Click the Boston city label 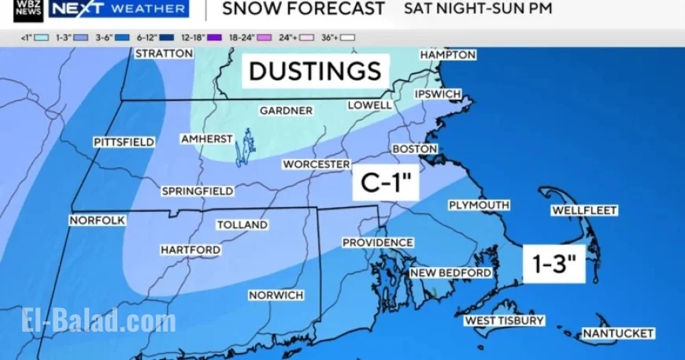(414, 148)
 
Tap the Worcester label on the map (317, 164)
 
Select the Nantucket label (618, 333)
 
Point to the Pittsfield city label (124, 142)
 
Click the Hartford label (191, 250)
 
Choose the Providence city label (377, 243)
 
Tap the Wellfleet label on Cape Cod (583, 210)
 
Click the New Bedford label (450, 273)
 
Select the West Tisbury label (504, 321)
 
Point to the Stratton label (164, 54)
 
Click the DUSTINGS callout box (315, 71)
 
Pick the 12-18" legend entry (192, 37)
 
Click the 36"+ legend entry (338, 37)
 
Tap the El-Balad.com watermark (98, 321)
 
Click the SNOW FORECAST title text (303, 9)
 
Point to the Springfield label (197, 191)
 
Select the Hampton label (447, 55)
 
